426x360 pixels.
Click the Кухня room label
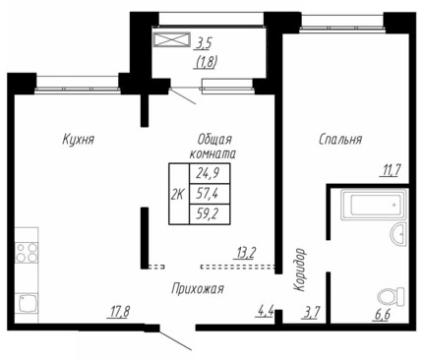(78, 140)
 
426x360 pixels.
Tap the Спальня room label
(340, 140)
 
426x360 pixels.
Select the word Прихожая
(198, 289)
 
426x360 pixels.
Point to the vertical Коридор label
(300, 270)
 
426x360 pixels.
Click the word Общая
(214, 140)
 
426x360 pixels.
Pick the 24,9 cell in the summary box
(210, 173)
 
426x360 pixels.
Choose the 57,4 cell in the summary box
(210, 194)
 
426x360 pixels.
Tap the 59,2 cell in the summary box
(210, 214)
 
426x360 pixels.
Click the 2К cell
(179, 194)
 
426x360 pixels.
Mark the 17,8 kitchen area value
(118, 311)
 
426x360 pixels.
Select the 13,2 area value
(245, 254)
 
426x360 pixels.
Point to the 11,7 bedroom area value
(391, 170)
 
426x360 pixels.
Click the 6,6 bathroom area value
(383, 315)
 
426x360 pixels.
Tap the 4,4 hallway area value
(265, 311)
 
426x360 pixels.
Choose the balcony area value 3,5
(204, 42)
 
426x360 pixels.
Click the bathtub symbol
(374, 205)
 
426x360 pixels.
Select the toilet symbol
(392, 296)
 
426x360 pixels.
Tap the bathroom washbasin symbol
(398, 234)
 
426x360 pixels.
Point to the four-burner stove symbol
(27, 253)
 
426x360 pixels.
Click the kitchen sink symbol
(27, 303)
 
